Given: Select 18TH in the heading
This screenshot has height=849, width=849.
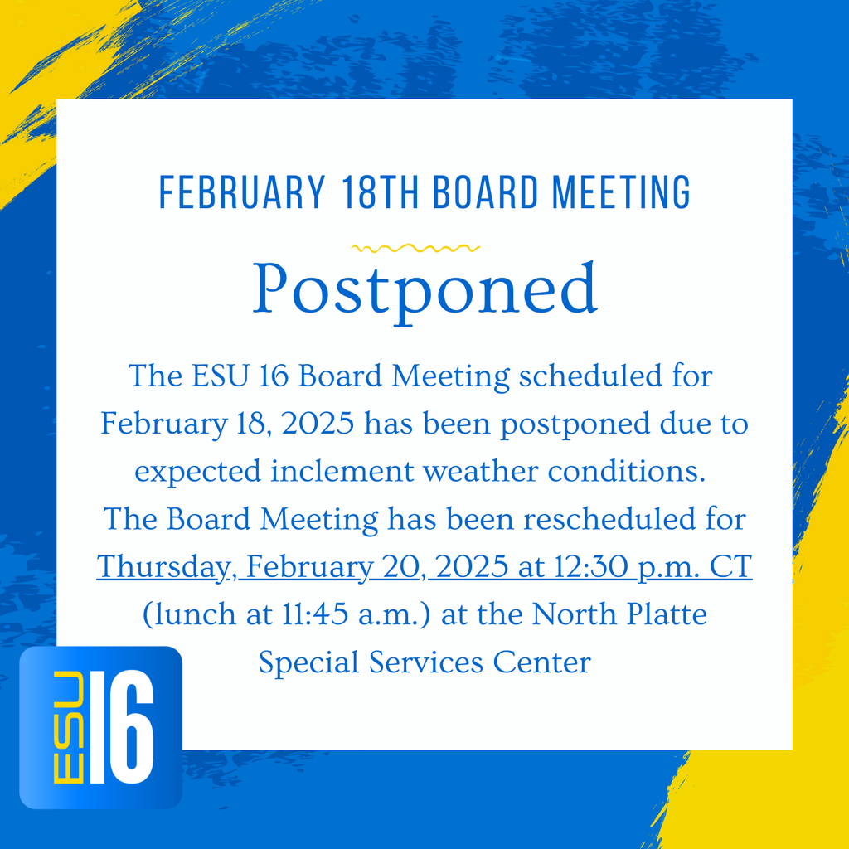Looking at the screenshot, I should [x=383, y=192].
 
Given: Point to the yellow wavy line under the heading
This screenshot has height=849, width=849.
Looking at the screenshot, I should [x=415, y=247].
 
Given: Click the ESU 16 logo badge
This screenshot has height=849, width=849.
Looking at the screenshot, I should [x=100, y=727].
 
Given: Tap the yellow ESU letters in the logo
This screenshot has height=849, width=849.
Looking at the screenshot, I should [x=68, y=727].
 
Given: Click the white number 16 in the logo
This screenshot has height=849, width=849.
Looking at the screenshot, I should [x=121, y=727].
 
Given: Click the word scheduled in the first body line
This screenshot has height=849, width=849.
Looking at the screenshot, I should [x=614, y=377].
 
